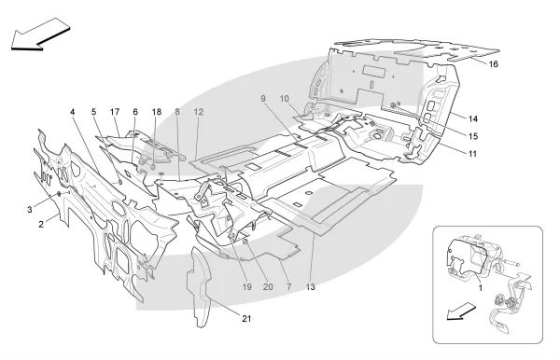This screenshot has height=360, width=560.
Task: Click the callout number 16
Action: pyautogui.click(x=493, y=64)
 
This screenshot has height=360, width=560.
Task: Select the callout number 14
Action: pyautogui.click(x=473, y=118)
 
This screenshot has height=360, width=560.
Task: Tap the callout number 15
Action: pyautogui.click(x=473, y=136)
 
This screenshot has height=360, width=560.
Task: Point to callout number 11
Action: pyautogui.click(x=472, y=154)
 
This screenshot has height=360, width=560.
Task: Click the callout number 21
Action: pyautogui.click(x=246, y=319)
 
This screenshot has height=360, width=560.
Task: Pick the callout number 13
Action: pyautogui.click(x=311, y=287)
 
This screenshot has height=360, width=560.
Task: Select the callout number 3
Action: pyautogui.click(x=30, y=210)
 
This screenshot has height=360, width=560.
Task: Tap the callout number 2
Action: pyautogui.click(x=41, y=225)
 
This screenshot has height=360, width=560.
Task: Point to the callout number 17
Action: pyautogui.click(x=114, y=112)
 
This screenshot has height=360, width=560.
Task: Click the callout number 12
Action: pyautogui.click(x=199, y=112)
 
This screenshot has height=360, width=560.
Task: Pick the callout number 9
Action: pyautogui.click(x=263, y=98)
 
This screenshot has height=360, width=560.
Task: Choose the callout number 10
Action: pyautogui.click(x=285, y=98)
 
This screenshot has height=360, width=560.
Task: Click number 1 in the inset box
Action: pyautogui.click(x=481, y=287)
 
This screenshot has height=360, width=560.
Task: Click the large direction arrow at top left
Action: pyautogui.click(x=40, y=35)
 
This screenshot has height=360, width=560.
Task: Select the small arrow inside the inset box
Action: pyautogui.click(x=461, y=312)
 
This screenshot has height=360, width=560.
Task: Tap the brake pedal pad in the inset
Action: pyautogui.click(x=499, y=323)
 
